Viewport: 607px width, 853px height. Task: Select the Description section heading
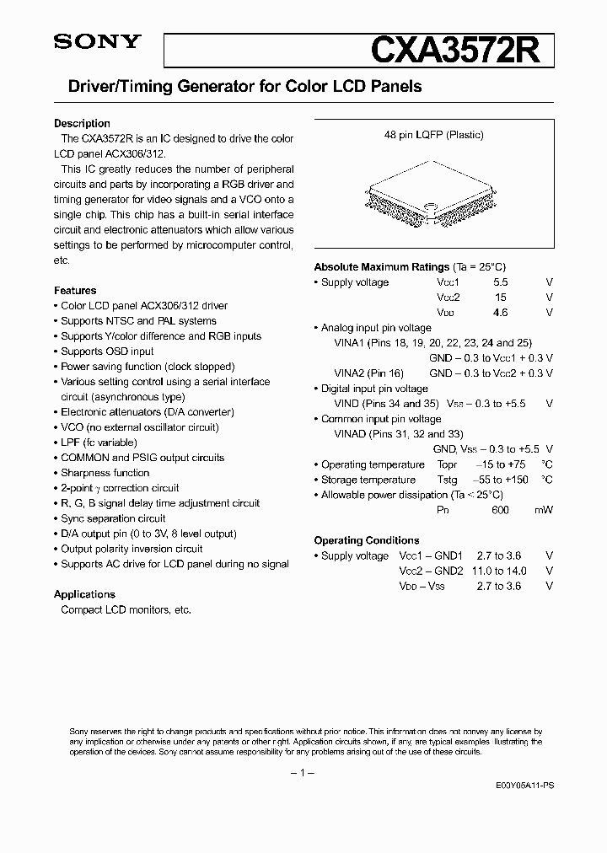82,123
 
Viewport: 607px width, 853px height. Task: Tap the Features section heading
75,290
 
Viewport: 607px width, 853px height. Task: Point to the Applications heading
84,594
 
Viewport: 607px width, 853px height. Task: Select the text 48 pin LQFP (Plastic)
434,135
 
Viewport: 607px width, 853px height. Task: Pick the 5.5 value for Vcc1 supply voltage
500,282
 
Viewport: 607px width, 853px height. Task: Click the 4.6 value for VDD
500,313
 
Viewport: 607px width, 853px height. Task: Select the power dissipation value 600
500,510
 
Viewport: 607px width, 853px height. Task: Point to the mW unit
545,510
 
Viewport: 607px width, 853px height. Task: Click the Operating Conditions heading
366,540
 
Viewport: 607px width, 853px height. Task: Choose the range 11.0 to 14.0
499,571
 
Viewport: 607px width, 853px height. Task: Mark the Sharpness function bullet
105,473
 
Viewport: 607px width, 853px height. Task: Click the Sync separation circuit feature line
113,518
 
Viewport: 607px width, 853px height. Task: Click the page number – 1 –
303,772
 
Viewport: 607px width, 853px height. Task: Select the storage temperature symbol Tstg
447,480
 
